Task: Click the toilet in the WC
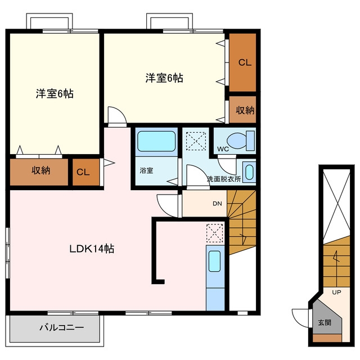[x=241, y=141]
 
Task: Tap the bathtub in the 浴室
[x=156, y=141]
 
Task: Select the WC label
[x=223, y=149]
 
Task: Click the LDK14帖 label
[x=92, y=249]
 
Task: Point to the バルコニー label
[x=61, y=327]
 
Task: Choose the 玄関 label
[x=325, y=322]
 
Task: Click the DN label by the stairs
[x=217, y=204]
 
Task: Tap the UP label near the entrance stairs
[x=336, y=292]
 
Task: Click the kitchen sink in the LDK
[x=215, y=261]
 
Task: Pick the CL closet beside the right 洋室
[x=242, y=62]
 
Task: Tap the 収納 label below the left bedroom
[x=40, y=170]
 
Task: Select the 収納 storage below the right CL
[x=242, y=110]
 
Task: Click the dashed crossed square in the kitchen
[x=215, y=233]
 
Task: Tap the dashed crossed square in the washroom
[x=196, y=141]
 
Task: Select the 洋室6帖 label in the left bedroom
[x=55, y=94]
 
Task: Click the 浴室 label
[x=146, y=170]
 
